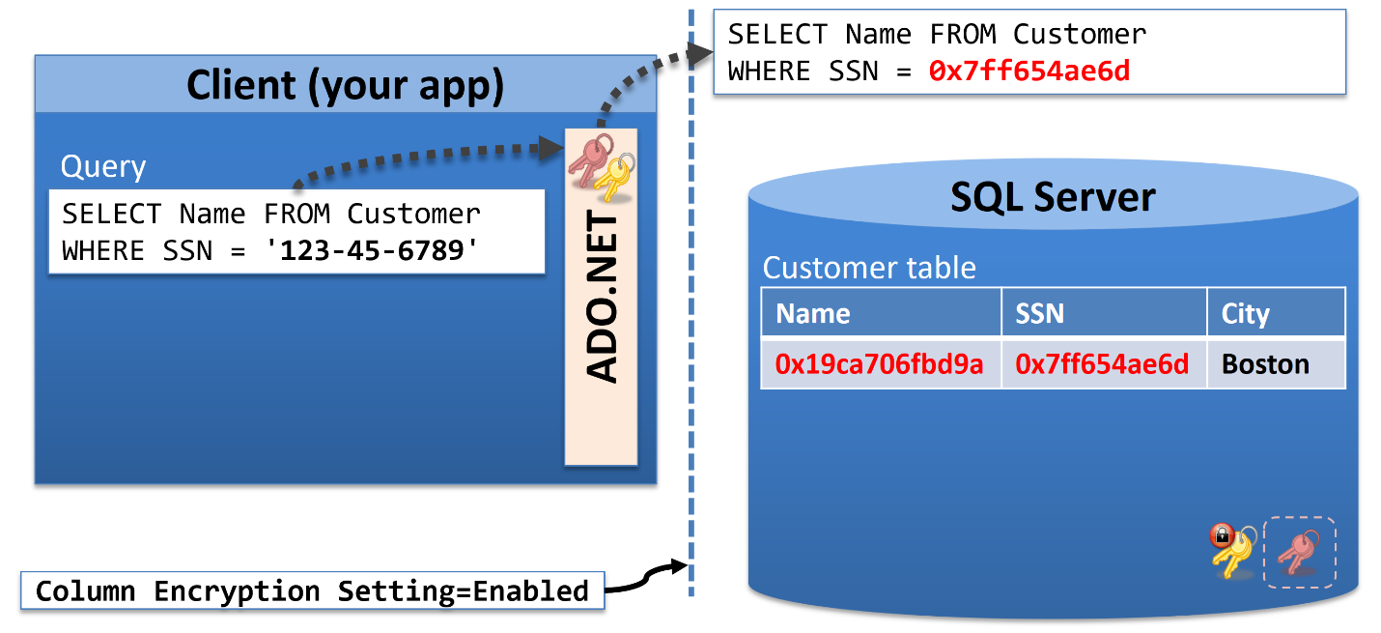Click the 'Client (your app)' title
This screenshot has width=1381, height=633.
tap(346, 85)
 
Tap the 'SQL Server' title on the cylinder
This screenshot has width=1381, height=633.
tap(1053, 197)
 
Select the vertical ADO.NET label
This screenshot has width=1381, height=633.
tap(601, 297)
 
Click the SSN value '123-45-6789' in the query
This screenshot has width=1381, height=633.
tap(372, 250)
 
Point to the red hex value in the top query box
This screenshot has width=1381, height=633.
tap(1029, 71)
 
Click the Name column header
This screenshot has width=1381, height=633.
tap(812, 313)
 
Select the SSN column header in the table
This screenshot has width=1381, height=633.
tap(1039, 313)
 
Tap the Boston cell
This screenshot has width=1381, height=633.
tap(1266, 364)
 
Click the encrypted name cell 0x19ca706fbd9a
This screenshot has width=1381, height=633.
tap(879, 364)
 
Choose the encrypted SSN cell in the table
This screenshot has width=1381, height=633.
tap(1102, 364)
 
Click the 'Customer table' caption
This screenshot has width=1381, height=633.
tap(869, 268)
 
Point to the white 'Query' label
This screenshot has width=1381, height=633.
tap(103, 167)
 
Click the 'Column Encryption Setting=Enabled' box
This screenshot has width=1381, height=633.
tap(313, 591)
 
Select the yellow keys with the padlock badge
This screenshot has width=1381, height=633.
tap(1232, 551)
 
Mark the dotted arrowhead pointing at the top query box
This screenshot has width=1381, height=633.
tap(700, 54)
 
